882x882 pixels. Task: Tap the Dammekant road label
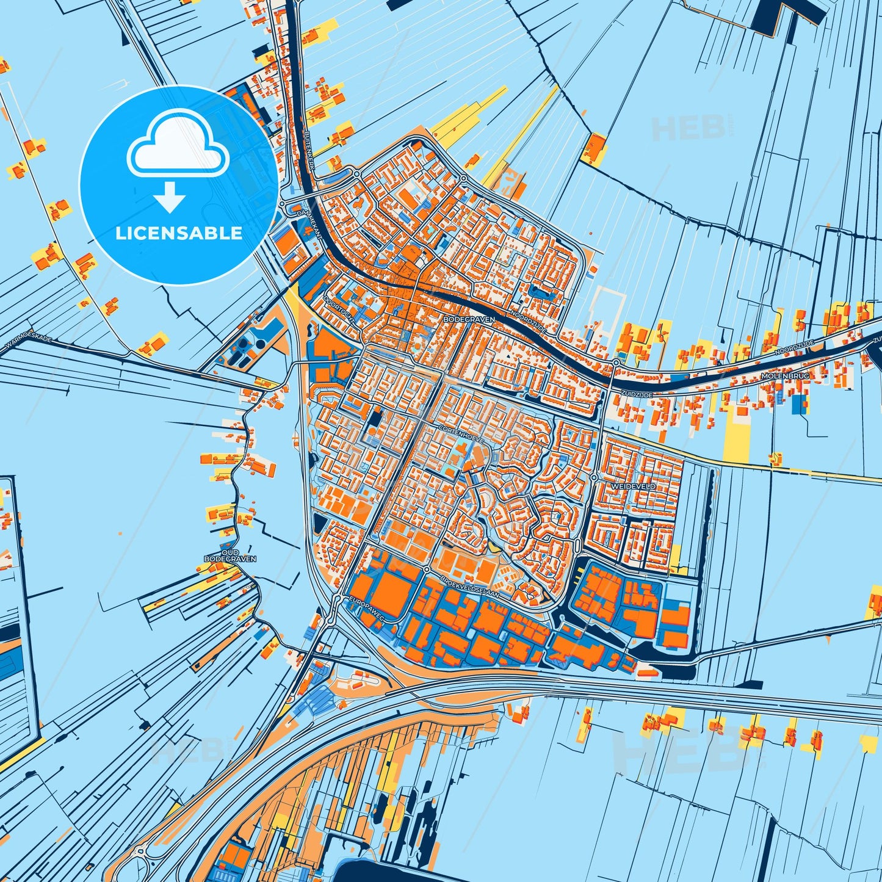tap(309, 223)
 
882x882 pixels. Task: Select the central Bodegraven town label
tap(469, 319)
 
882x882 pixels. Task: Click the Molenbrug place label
tap(785, 377)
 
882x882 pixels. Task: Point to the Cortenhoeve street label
tap(461, 433)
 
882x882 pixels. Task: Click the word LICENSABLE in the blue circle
tap(179, 233)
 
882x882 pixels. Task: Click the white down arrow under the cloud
tap(170, 197)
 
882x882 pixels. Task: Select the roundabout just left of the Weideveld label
tap(594, 477)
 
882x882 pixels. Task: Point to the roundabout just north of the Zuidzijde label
tap(616, 363)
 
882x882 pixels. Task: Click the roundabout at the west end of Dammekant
tap(283, 204)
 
